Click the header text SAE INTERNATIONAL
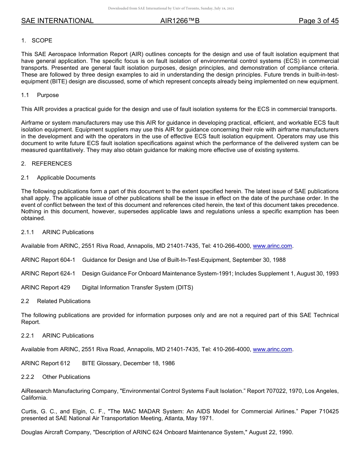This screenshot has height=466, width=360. (x=57, y=21)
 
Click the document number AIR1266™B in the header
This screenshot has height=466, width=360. (x=180, y=21)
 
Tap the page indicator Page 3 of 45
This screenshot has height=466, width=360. (x=318, y=21)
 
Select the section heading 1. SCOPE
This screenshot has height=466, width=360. (x=37, y=41)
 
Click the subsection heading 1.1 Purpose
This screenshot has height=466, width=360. (x=40, y=95)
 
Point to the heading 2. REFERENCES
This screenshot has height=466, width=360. (x=46, y=164)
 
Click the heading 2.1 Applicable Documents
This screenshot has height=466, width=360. (x=58, y=178)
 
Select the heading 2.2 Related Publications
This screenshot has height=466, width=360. (x=56, y=301)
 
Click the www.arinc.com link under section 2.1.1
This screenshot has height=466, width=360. (x=272, y=246)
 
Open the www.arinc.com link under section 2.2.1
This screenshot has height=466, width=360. (x=272, y=349)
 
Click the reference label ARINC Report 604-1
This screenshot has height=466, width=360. (x=48, y=260)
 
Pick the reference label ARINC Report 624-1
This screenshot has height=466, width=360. (x=48, y=274)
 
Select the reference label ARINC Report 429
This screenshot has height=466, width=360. (x=45, y=288)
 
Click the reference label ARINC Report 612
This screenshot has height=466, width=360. (x=45, y=363)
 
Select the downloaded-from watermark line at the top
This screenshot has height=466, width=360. (x=171, y=8)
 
